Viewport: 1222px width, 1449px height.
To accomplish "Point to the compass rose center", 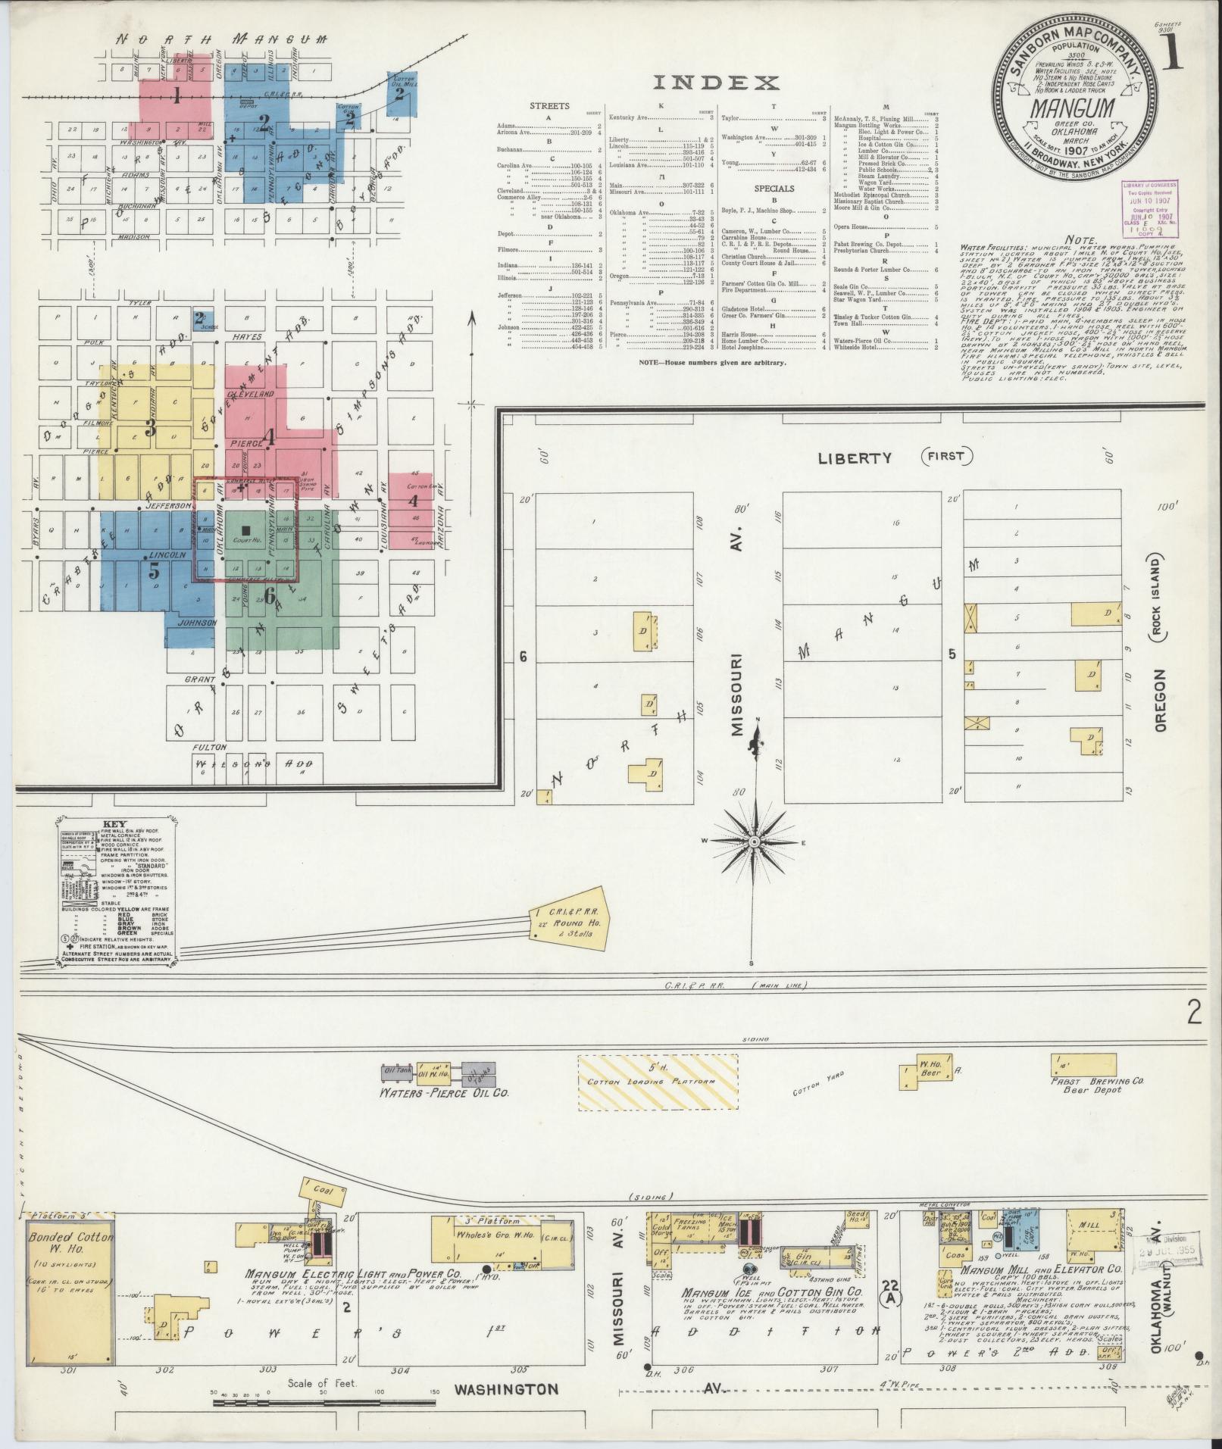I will tap(755, 842).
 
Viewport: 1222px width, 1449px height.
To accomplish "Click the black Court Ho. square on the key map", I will tap(244, 532).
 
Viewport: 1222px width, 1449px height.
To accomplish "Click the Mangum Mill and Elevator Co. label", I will tap(1041, 1268).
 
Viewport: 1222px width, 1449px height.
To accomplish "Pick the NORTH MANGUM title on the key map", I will tap(227, 39).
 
